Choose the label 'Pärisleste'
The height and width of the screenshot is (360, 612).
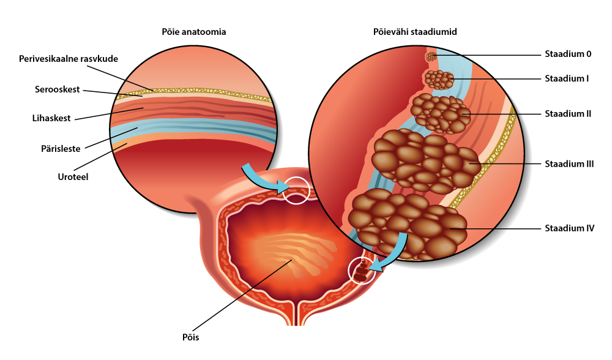pos(61,149)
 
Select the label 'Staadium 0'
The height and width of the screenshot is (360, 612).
pos(567,54)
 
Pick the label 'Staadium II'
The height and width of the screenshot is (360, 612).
pos(567,113)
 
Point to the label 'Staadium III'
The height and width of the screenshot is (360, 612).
pos(569,164)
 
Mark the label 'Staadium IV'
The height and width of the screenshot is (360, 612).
pos(569,228)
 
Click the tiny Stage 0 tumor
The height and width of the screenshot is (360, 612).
pos(431,56)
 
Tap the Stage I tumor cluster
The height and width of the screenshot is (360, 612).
pos(439,80)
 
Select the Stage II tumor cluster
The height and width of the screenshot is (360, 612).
pos(439,114)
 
